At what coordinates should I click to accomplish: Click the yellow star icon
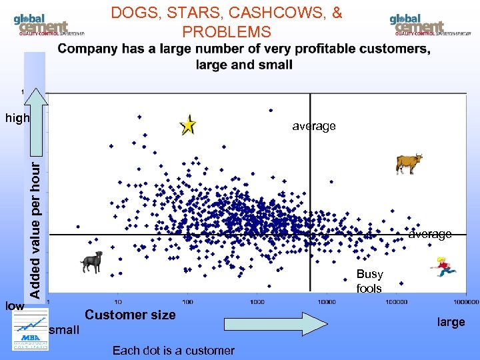[189, 125]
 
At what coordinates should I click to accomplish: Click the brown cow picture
[408, 163]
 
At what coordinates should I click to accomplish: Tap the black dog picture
[92, 261]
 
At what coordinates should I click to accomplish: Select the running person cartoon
[444, 266]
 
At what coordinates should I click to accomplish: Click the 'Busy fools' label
[369, 281]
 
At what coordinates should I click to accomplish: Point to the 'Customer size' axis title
[131, 315]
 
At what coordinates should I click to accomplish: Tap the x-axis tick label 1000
[257, 303]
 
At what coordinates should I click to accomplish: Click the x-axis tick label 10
[119, 303]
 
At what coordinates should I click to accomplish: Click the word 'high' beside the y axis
[17, 119]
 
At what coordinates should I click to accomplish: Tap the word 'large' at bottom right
[451, 322]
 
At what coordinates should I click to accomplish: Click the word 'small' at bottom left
[64, 330]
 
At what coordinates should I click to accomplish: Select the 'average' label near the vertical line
[314, 126]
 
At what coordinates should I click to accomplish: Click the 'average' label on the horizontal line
[430, 234]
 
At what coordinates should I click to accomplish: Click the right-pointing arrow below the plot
[275, 323]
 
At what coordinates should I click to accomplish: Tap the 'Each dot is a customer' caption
[173, 350]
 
